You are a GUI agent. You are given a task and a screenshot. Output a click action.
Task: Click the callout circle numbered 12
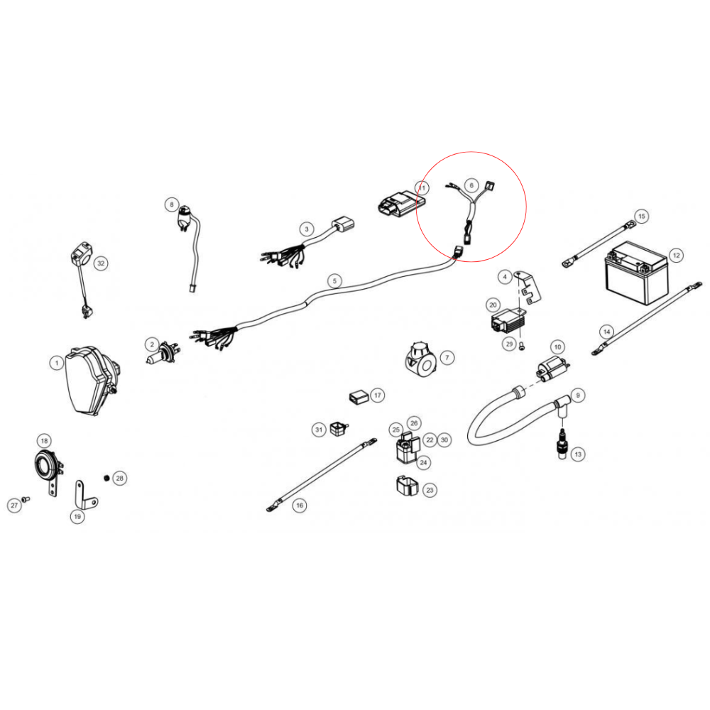pyautogui.click(x=676, y=254)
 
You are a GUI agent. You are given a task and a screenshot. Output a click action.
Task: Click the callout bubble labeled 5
pyautogui.click(x=335, y=280)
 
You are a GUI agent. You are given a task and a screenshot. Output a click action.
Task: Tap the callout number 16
pyautogui.click(x=300, y=505)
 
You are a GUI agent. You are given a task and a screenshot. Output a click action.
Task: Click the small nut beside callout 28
pyautogui.click(x=106, y=478)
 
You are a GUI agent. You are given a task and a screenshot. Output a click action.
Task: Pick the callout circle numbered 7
pyautogui.click(x=446, y=357)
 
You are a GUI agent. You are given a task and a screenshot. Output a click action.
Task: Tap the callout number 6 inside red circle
pyautogui.click(x=470, y=185)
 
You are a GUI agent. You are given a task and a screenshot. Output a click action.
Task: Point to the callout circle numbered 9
pyautogui.click(x=577, y=395)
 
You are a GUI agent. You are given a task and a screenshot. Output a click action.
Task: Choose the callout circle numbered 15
pyautogui.click(x=641, y=216)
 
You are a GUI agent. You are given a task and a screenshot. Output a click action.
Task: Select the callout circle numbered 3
pyautogui.click(x=306, y=229)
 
